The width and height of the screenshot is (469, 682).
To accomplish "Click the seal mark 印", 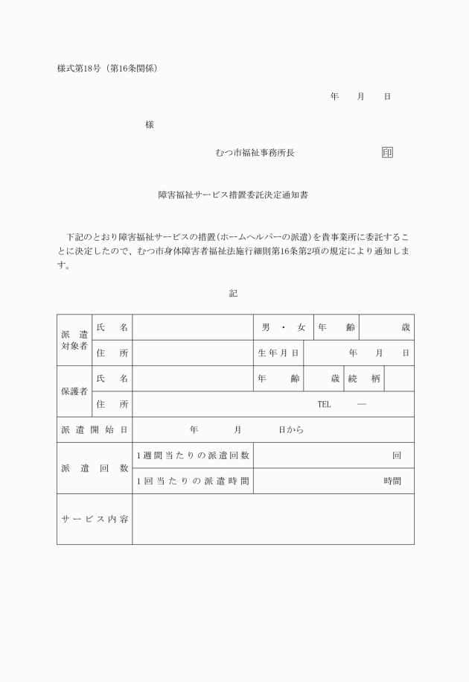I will [x=387, y=153].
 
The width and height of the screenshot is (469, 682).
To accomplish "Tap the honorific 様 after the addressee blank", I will [x=150, y=124].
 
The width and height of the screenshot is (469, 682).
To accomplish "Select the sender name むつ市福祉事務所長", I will [x=255, y=153].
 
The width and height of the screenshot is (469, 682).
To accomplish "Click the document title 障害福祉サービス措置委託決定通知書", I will [x=233, y=195].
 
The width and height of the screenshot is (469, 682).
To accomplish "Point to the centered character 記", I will [x=233, y=294].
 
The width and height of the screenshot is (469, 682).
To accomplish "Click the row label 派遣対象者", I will [x=74, y=340].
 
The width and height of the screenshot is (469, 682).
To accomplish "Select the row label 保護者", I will [x=74, y=391].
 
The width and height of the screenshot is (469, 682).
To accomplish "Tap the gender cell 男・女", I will [x=283, y=327].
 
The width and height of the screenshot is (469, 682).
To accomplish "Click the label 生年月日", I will [x=278, y=353].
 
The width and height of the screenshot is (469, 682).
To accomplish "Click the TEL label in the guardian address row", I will [x=324, y=404].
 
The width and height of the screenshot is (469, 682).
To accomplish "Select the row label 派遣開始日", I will [x=95, y=429].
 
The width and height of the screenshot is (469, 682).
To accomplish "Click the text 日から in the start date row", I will [x=291, y=430].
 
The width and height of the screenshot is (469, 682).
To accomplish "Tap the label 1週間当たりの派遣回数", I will [x=193, y=455].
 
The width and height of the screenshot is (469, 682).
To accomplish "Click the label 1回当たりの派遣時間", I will [x=193, y=481].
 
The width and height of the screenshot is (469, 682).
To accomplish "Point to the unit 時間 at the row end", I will [x=392, y=481].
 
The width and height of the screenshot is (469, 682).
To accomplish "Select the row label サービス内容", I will [x=95, y=519].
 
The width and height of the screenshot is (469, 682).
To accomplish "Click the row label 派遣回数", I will [x=95, y=468].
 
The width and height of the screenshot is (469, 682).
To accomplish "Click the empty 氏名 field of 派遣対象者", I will [x=193, y=327].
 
